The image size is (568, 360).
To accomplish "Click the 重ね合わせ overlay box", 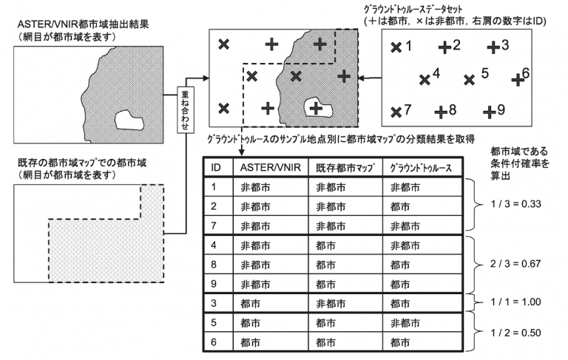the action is [x=185, y=109].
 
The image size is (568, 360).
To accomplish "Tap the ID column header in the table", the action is [x=216, y=167].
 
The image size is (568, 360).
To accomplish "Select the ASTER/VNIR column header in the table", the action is [x=270, y=167].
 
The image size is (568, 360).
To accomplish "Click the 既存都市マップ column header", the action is [x=345, y=168].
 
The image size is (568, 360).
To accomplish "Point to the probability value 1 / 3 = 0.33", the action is [x=515, y=204].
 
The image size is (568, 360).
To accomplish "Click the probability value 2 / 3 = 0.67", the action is [x=515, y=264].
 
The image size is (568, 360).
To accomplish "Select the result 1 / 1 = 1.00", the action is [x=515, y=302].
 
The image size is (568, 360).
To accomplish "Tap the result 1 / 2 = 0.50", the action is [x=515, y=333].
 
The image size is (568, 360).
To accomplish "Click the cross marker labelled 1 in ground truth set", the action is [x=396, y=47].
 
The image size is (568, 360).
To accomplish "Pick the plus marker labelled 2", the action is [x=444, y=47].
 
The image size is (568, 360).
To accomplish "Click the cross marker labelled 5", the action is [x=469, y=80].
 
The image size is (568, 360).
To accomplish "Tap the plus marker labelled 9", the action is [x=490, y=112].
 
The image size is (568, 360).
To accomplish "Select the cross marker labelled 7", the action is [x=396, y=112].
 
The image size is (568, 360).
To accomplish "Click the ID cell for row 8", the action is [x=214, y=265].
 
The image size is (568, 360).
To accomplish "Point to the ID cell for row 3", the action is [x=214, y=303].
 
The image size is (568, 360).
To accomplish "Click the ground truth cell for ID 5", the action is [x=405, y=323].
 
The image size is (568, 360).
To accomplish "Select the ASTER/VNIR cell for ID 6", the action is [x=250, y=342].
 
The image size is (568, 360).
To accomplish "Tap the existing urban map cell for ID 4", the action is [x=325, y=245].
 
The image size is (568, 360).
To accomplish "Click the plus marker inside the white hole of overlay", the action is [x=316, y=108].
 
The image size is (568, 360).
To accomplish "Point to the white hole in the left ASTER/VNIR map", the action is [x=129, y=120].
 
